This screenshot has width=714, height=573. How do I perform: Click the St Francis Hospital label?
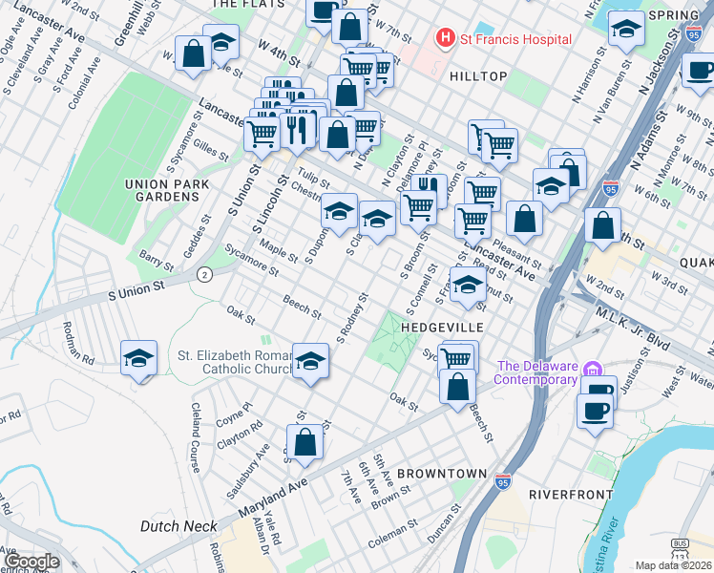pyautogui.click(x=515, y=39)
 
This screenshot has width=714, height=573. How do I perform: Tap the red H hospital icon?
pyautogui.click(x=444, y=39)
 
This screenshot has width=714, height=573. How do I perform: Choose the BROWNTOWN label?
pyautogui.click(x=434, y=474)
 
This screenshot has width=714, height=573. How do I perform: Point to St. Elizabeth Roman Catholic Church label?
pyautogui.click(x=234, y=363)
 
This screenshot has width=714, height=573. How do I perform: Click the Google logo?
pyautogui.click(x=31, y=562)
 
